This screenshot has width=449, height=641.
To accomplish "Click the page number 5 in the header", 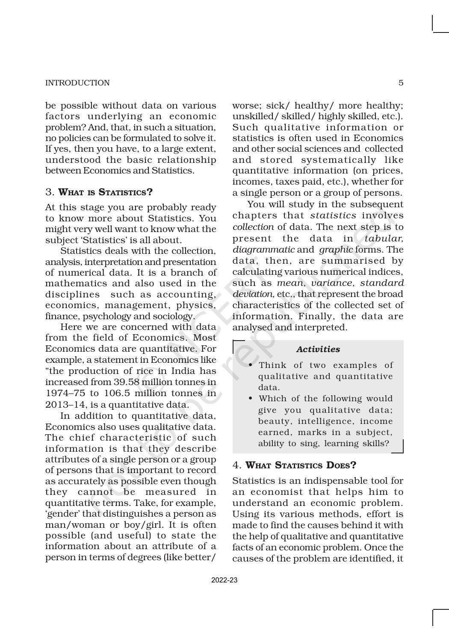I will (401, 83).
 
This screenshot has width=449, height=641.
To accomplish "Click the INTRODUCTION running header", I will (77, 83).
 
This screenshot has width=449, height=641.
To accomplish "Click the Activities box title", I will (318, 349).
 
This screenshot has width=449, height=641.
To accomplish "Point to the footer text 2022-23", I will (224, 580).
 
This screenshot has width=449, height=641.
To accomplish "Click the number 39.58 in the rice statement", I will (127, 382).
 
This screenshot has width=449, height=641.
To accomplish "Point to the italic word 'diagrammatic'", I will (263, 249).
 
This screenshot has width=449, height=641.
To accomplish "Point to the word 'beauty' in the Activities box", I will (274, 421).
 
